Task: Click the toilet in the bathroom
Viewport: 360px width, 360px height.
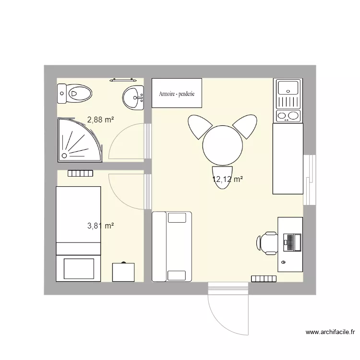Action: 74,94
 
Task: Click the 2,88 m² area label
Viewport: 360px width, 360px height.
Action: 100,120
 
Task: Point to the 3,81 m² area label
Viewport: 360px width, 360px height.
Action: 100,226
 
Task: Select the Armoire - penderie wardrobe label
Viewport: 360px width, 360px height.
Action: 177,94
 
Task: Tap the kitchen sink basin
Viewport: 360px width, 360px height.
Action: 288,87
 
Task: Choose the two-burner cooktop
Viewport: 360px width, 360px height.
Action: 288,115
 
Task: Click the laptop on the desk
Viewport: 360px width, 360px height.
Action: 292,242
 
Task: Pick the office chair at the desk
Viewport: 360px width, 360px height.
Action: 266,242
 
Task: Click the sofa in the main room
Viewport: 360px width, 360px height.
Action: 172,246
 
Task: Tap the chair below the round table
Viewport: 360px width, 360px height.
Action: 223,177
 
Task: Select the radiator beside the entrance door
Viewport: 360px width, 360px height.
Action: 264,278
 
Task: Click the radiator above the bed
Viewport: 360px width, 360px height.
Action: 80,173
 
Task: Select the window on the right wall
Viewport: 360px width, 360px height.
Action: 310,180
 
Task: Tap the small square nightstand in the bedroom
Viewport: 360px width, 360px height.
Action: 123,272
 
